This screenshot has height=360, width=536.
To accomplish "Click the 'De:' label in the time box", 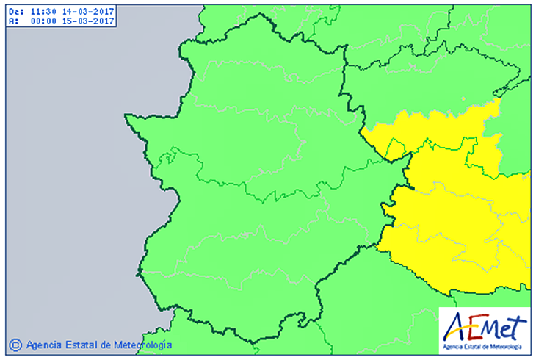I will click(x=14, y=12).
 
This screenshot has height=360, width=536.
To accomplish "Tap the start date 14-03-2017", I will click(x=87, y=12).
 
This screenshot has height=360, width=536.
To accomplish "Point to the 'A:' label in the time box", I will click(x=11, y=21).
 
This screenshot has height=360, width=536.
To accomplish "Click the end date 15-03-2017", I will click(x=87, y=21).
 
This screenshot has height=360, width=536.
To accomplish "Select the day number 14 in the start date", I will click(x=67, y=12).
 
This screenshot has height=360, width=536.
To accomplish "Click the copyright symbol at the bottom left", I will click(x=15, y=344).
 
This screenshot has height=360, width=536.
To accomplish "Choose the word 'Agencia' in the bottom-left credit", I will click(x=44, y=344).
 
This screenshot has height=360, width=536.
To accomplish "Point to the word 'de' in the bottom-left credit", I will click(x=105, y=344).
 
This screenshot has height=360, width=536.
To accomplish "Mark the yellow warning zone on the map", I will click(x=463, y=213).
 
